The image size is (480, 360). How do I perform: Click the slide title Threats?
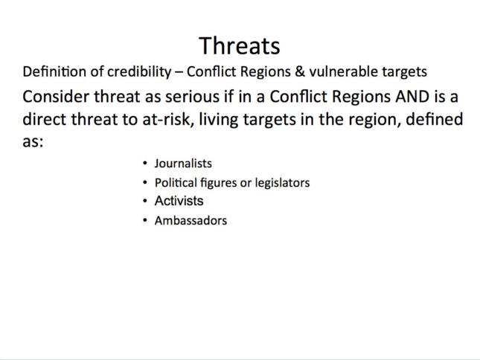tap(240, 46)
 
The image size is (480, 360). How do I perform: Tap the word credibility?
tap(139, 72)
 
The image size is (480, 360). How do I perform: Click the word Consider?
tap(56, 97)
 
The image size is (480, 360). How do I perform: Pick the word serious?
tap(192, 97)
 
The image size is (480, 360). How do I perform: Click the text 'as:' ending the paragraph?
tap(33, 142)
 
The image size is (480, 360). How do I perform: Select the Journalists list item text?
tap(183, 164)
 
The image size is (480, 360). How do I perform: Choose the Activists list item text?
tap(179, 201)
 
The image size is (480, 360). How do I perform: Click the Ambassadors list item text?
tap(191, 220)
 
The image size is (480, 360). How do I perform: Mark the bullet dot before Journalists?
tap(145, 164)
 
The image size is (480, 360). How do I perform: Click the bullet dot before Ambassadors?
tap(145, 220)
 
